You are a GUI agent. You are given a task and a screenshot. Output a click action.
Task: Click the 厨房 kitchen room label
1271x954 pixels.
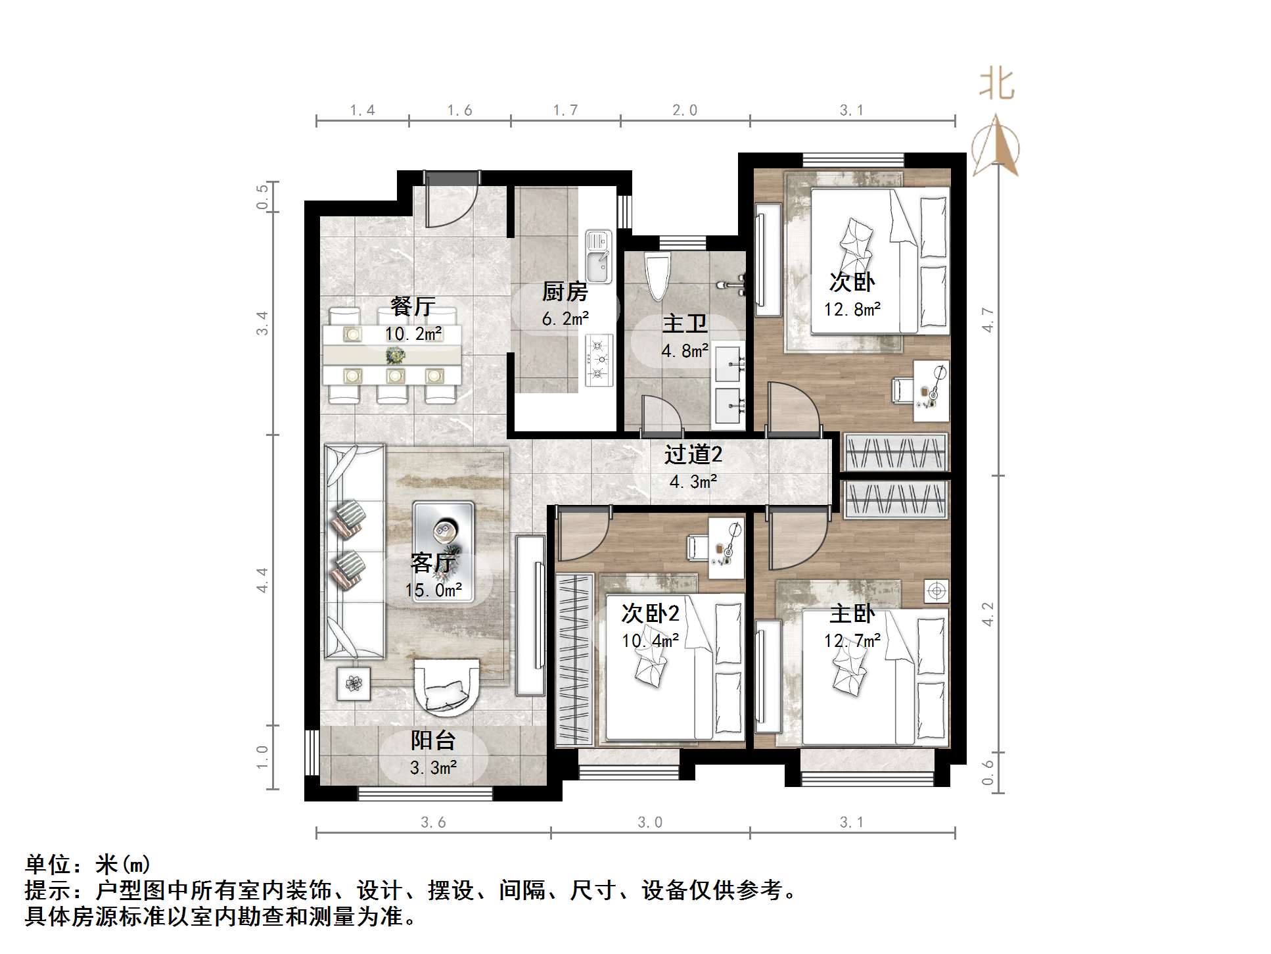565,291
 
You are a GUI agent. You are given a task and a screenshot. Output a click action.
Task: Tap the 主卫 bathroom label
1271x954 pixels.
684,324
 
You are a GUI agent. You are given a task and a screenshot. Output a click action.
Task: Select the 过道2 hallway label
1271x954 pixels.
693,454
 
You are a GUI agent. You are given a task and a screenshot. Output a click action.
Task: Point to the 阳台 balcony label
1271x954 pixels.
433,741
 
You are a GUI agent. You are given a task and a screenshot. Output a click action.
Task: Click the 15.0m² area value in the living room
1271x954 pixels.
433,590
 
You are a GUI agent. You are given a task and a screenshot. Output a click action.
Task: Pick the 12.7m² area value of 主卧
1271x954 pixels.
852,640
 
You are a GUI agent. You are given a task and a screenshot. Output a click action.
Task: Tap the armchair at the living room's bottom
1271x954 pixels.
446,688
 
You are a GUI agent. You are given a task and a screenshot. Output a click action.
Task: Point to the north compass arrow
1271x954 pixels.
996,146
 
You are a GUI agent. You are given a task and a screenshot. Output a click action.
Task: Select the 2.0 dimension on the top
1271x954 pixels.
684,110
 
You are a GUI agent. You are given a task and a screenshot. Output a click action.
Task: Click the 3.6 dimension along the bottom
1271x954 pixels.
433,822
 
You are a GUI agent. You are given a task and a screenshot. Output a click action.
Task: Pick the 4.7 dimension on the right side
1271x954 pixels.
988,320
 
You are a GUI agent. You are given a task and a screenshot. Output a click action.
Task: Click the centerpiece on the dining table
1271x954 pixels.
395,356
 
